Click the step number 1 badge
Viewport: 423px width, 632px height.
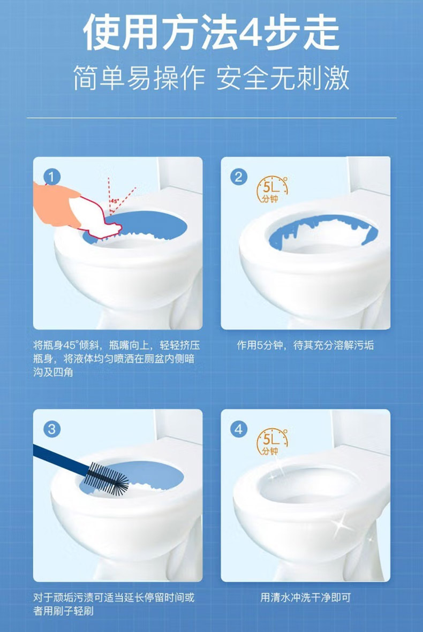(x=51, y=177)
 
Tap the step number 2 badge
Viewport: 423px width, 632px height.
(x=239, y=177)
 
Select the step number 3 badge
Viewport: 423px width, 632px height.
(x=51, y=429)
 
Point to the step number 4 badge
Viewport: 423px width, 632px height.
(x=239, y=429)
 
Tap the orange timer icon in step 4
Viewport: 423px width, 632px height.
(x=273, y=442)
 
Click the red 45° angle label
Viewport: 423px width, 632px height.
(x=115, y=201)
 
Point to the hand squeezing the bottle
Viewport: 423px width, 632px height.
(x=56, y=205)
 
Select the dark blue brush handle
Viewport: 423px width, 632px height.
(x=61, y=458)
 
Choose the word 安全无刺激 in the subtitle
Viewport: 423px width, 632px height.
(x=283, y=78)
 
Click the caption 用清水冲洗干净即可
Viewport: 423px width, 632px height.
(x=305, y=597)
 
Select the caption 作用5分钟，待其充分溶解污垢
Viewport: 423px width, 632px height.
(x=305, y=345)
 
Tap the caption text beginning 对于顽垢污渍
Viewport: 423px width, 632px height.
(x=114, y=604)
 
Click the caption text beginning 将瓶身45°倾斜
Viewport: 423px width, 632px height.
(x=116, y=359)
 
